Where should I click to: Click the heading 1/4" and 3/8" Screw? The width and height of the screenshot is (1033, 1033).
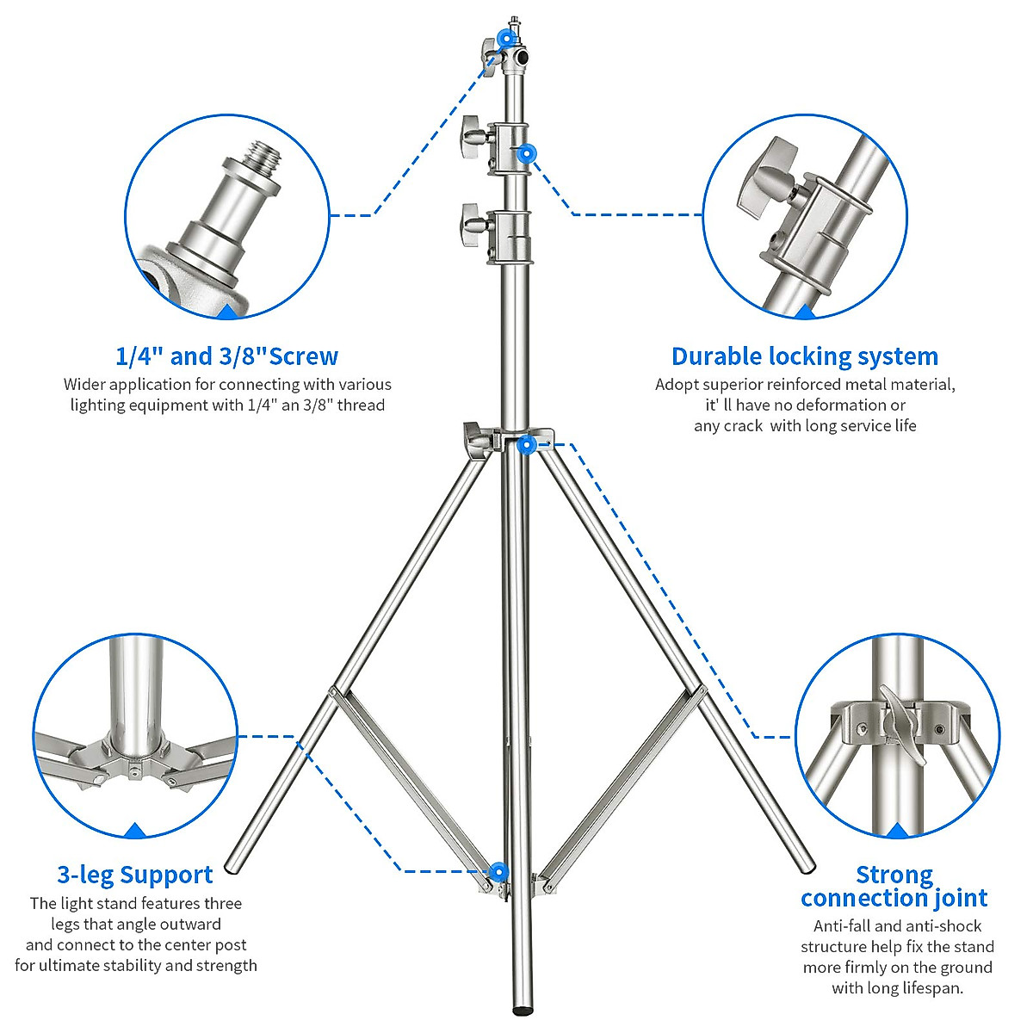pos(226,356)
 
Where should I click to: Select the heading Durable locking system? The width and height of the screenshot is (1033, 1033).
pos(805,356)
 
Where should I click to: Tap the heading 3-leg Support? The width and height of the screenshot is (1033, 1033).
pos(135,875)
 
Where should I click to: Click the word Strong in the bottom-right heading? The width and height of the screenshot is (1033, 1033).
pos(894,875)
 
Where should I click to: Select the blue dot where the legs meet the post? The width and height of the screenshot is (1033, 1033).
pos(527,444)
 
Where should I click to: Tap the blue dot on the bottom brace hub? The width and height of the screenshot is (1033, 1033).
pos(498,873)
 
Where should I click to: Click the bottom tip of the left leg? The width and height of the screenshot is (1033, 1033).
pos(232,865)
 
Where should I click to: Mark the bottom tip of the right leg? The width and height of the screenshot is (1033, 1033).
pos(806,865)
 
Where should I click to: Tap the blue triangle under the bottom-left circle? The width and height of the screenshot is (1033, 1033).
pos(135,831)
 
